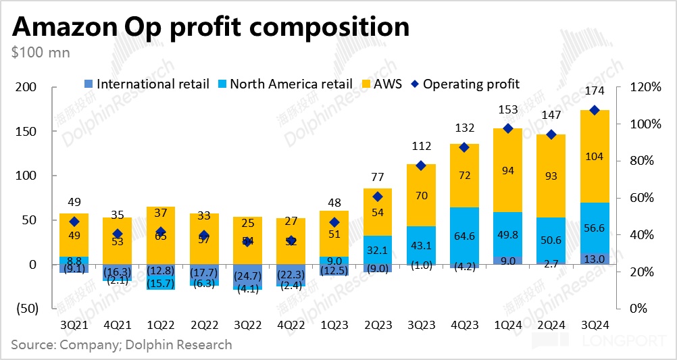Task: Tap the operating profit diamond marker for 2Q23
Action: [x=378, y=197]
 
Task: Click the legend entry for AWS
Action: [x=386, y=84]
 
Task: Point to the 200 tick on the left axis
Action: [x=26, y=87]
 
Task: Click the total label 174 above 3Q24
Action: [x=595, y=91]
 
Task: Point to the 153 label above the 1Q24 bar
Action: [x=508, y=109]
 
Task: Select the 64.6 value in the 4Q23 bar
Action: [x=464, y=236]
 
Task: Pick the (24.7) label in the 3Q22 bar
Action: [x=247, y=276]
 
